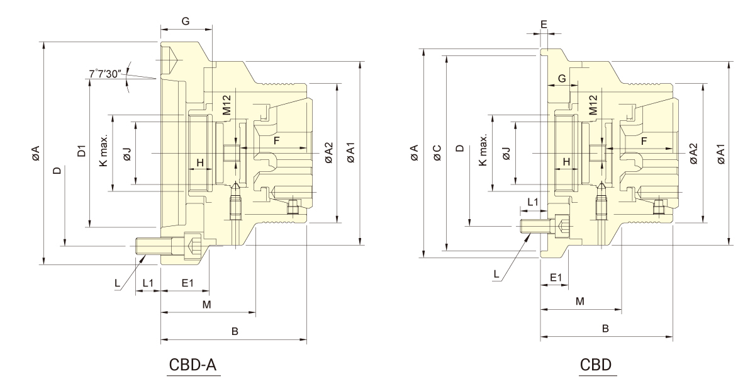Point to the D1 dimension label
pos(81,152)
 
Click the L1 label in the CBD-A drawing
pos(148,283)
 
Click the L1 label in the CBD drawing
pos(532,202)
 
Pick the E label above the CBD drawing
pos(544,25)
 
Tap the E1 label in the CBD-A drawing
pos(187,283)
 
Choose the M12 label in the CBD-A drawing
pos(227,105)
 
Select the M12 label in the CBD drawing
pos(593,105)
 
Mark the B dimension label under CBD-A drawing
pos(234,331)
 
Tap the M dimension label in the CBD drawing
pos(580,301)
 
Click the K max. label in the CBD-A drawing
pos(104,150)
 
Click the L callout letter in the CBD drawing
pos(496,274)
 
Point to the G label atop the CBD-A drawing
pos(186,21)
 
